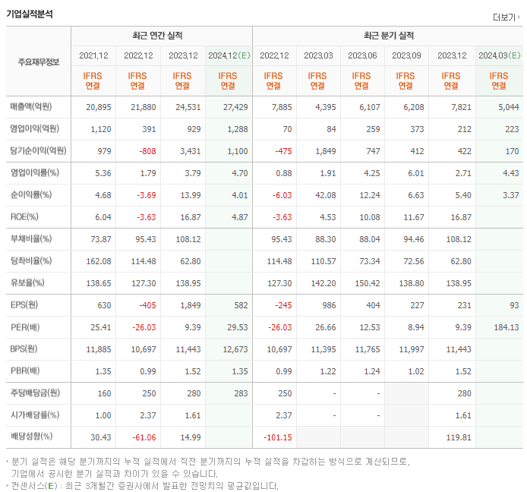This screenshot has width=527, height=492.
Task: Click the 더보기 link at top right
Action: [504, 17]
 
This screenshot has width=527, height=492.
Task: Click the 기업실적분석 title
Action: [30, 14]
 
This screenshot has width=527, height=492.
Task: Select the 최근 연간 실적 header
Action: [161, 36]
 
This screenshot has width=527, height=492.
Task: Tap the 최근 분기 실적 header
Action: [388, 36]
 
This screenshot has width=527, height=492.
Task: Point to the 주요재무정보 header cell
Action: [39, 62]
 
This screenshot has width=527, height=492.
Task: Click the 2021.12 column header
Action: [93, 55]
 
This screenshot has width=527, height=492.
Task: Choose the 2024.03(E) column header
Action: [499, 55]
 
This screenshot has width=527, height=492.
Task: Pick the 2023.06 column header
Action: [362, 55]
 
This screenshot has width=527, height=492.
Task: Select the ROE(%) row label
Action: [26, 216]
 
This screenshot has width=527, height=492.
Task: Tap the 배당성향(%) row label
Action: [31, 437]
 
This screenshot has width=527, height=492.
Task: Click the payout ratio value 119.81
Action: [454, 437]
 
